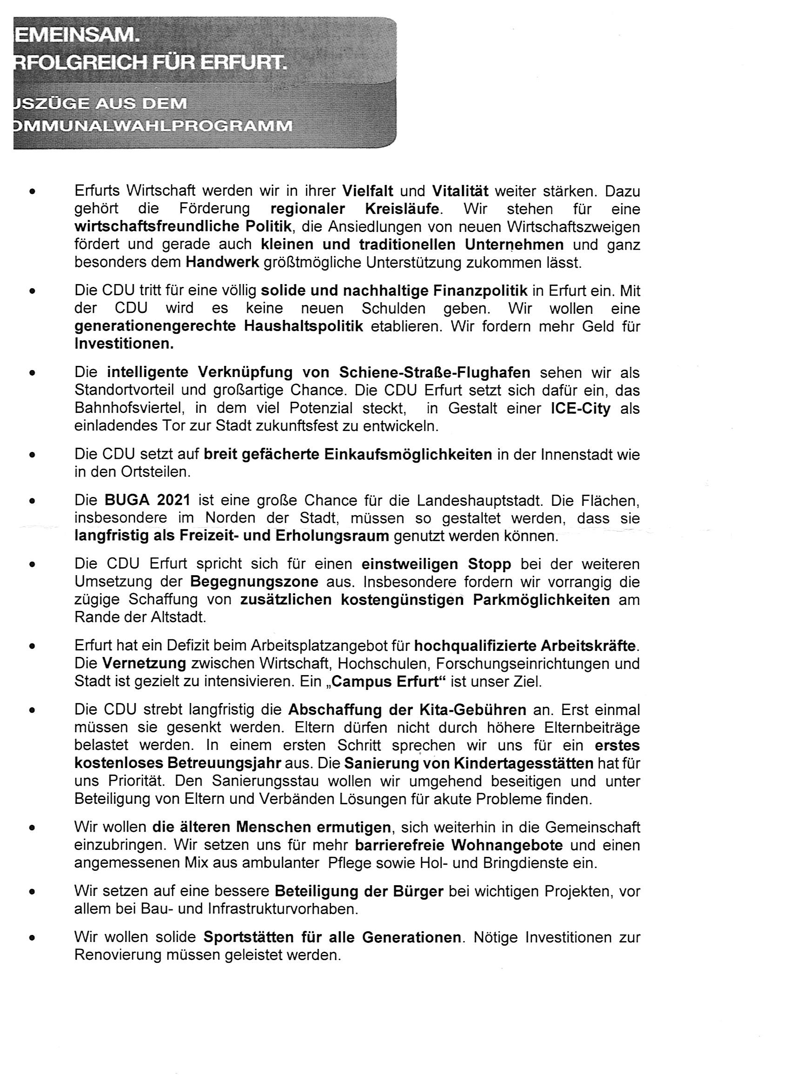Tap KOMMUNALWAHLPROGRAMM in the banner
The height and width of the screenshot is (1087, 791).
[153, 126]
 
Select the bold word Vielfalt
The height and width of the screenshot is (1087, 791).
[368, 191]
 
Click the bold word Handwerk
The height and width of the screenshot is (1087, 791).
[222, 263]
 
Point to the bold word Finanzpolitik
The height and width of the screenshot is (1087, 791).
[480, 291]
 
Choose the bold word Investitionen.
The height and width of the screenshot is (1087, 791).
[124, 344]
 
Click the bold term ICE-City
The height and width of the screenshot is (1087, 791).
[580, 408]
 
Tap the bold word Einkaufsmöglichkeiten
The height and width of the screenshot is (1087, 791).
[408, 454]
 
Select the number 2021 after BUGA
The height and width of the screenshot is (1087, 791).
[174, 500]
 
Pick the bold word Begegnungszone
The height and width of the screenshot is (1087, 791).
[254, 582]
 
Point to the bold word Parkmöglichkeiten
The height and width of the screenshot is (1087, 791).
[541, 600]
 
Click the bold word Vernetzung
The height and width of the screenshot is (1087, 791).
[144, 663]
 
